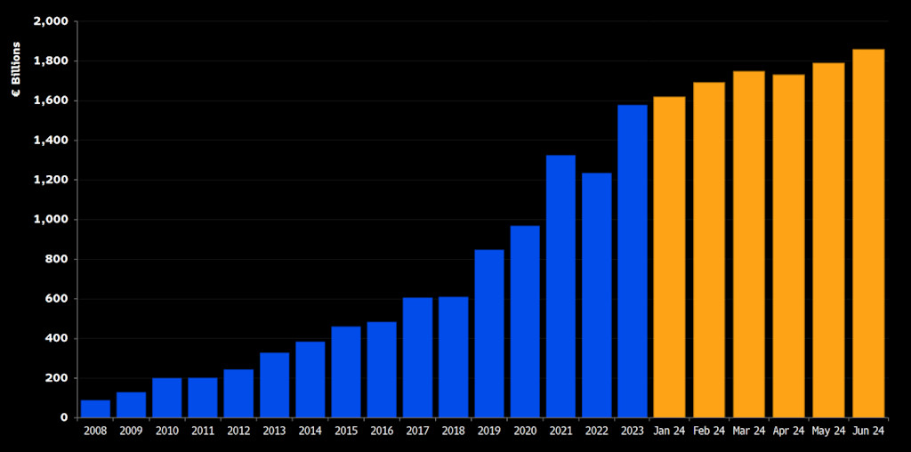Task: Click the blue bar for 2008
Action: pyautogui.click(x=95, y=408)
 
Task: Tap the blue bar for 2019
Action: pyautogui.click(x=488, y=333)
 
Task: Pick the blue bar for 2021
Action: pyautogui.click(x=560, y=286)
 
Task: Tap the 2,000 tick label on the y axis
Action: pyautogui.click(x=51, y=21)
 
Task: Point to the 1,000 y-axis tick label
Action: pyautogui.click(x=51, y=220)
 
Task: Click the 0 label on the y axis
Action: pyautogui.click(x=64, y=417)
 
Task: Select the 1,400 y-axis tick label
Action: pyautogui.click(x=51, y=141)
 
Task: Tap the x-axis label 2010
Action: pyautogui.click(x=166, y=431)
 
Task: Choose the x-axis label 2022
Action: pyautogui.click(x=596, y=431)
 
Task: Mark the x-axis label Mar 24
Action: pyautogui.click(x=748, y=431)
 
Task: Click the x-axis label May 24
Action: pyautogui.click(x=828, y=431)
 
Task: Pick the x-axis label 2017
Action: pyautogui.click(x=417, y=431)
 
